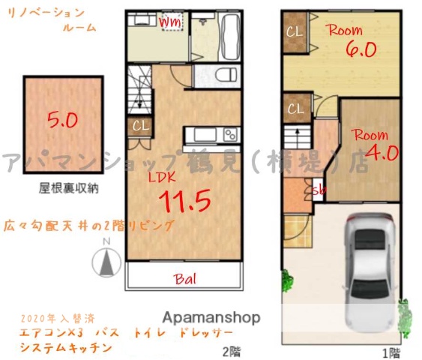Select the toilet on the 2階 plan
tap(216, 75)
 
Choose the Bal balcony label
tap(185, 280)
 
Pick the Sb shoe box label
tap(319, 190)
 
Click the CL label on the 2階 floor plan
tap(139, 125)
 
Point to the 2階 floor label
tap(230, 351)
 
